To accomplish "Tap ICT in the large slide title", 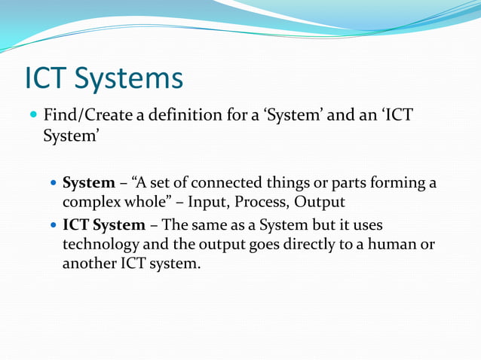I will [x=48, y=79].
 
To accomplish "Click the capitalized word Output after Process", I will [x=320, y=203].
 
